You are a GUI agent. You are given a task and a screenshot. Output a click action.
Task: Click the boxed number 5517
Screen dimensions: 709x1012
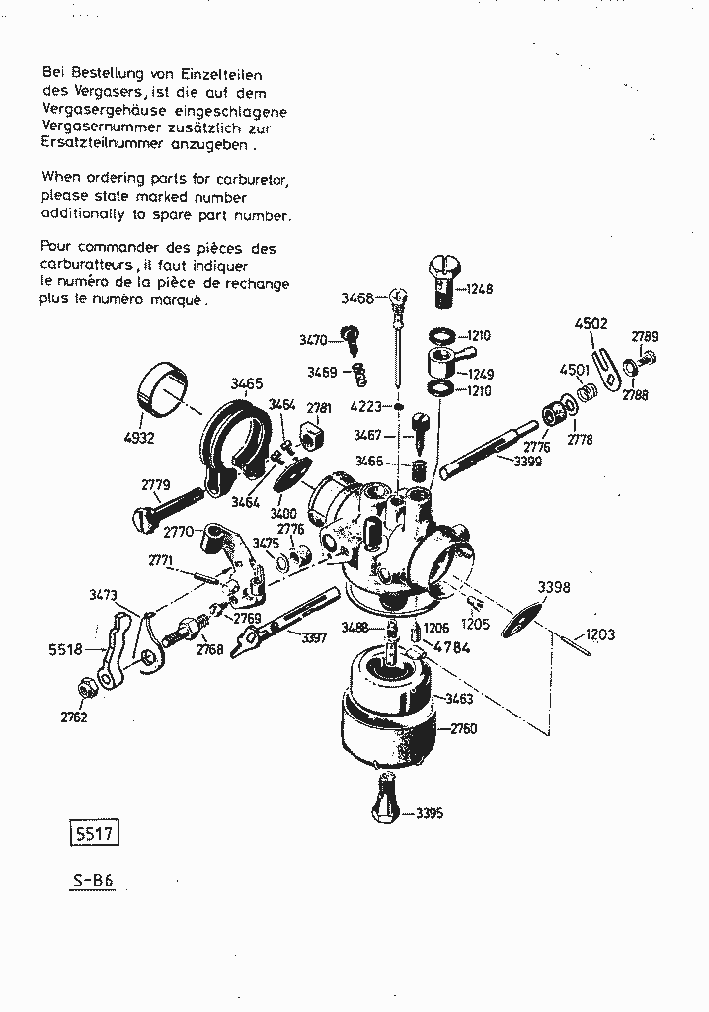pyautogui.click(x=94, y=833)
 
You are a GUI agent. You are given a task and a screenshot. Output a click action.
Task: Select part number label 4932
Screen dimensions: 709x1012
pyautogui.click(x=139, y=438)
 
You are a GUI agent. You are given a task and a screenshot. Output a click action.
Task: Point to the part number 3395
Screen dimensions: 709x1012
pyautogui.click(x=429, y=813)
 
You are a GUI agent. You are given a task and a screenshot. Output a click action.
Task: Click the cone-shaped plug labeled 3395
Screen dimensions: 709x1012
pyautogui.click(x=387, y=798)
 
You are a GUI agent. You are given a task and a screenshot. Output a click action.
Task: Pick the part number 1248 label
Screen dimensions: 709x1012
pyautogui.click(x=479, y=289)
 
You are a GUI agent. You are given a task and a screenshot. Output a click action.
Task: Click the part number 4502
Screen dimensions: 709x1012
pyautogui.click(x=591, y=324)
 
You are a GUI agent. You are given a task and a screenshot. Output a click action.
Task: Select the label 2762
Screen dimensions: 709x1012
pyautogui.click(x=74, y=717)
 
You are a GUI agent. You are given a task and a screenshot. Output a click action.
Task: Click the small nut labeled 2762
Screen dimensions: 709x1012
pyautogui.click(x=84, y=689)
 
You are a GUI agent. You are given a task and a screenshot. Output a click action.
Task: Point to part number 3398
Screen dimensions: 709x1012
pyautogui.click(x=554, y=587)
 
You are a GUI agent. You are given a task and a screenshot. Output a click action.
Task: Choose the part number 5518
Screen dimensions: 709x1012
pyautogui.click(x=65, y=649)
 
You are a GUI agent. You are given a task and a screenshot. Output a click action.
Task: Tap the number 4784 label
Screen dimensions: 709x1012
pyautogui.click(x=452, y=647)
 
